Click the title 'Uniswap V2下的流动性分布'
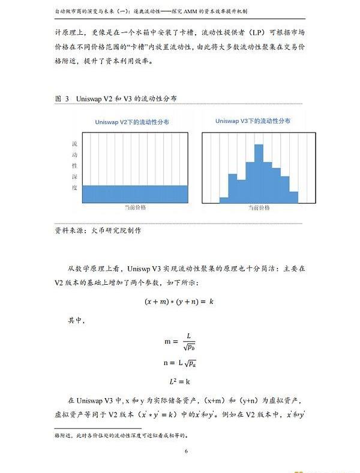131,122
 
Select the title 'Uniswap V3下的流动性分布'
253,121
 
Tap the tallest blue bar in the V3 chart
259,174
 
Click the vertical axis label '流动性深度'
74,165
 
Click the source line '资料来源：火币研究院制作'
97,230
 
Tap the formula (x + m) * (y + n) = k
179,302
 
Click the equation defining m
179,341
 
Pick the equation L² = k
179,381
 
